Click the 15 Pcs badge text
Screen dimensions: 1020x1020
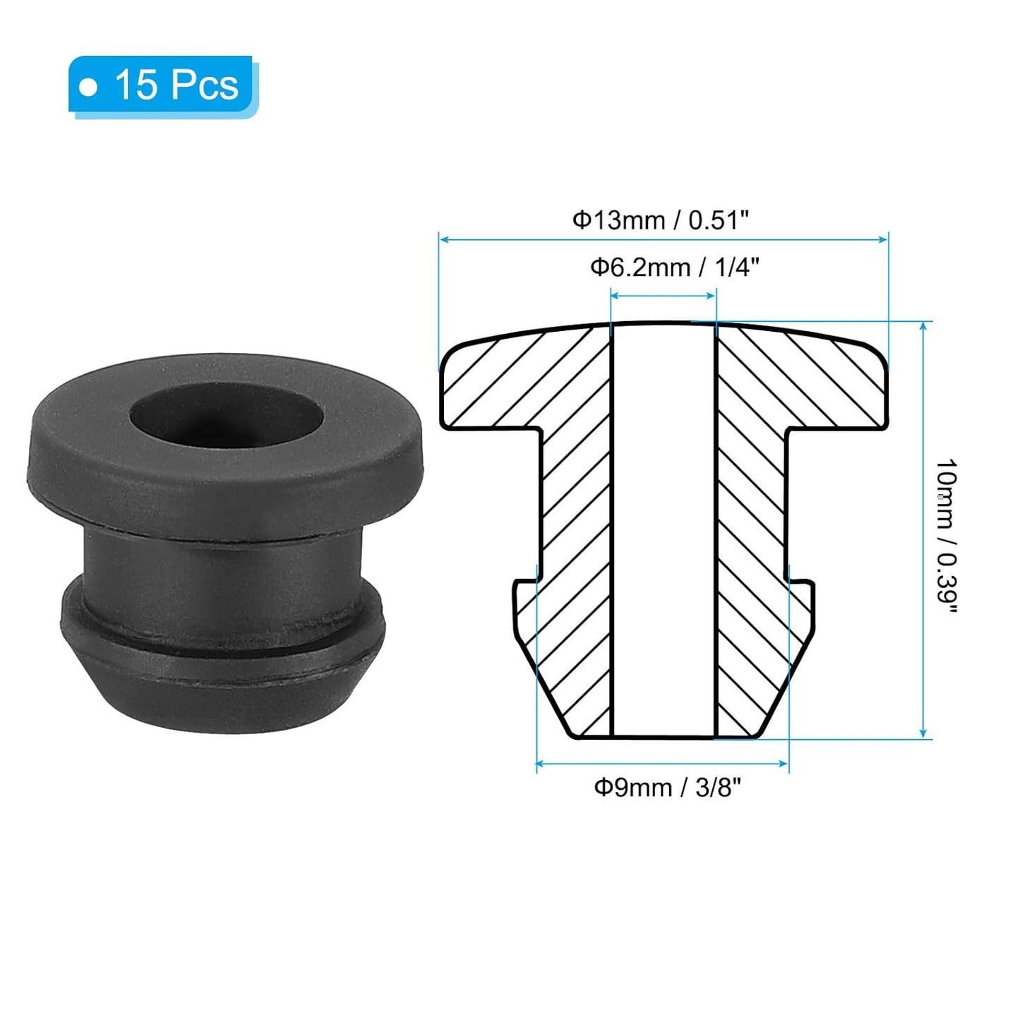coord(176,85)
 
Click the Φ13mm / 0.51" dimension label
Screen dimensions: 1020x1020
coord(659,220)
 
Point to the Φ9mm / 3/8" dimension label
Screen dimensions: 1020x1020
coord(667,787)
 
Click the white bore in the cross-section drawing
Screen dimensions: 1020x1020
coord(664,529)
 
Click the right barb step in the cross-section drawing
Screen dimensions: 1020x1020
coord(801,582)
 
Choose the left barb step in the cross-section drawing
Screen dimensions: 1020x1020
coord(526,582)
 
